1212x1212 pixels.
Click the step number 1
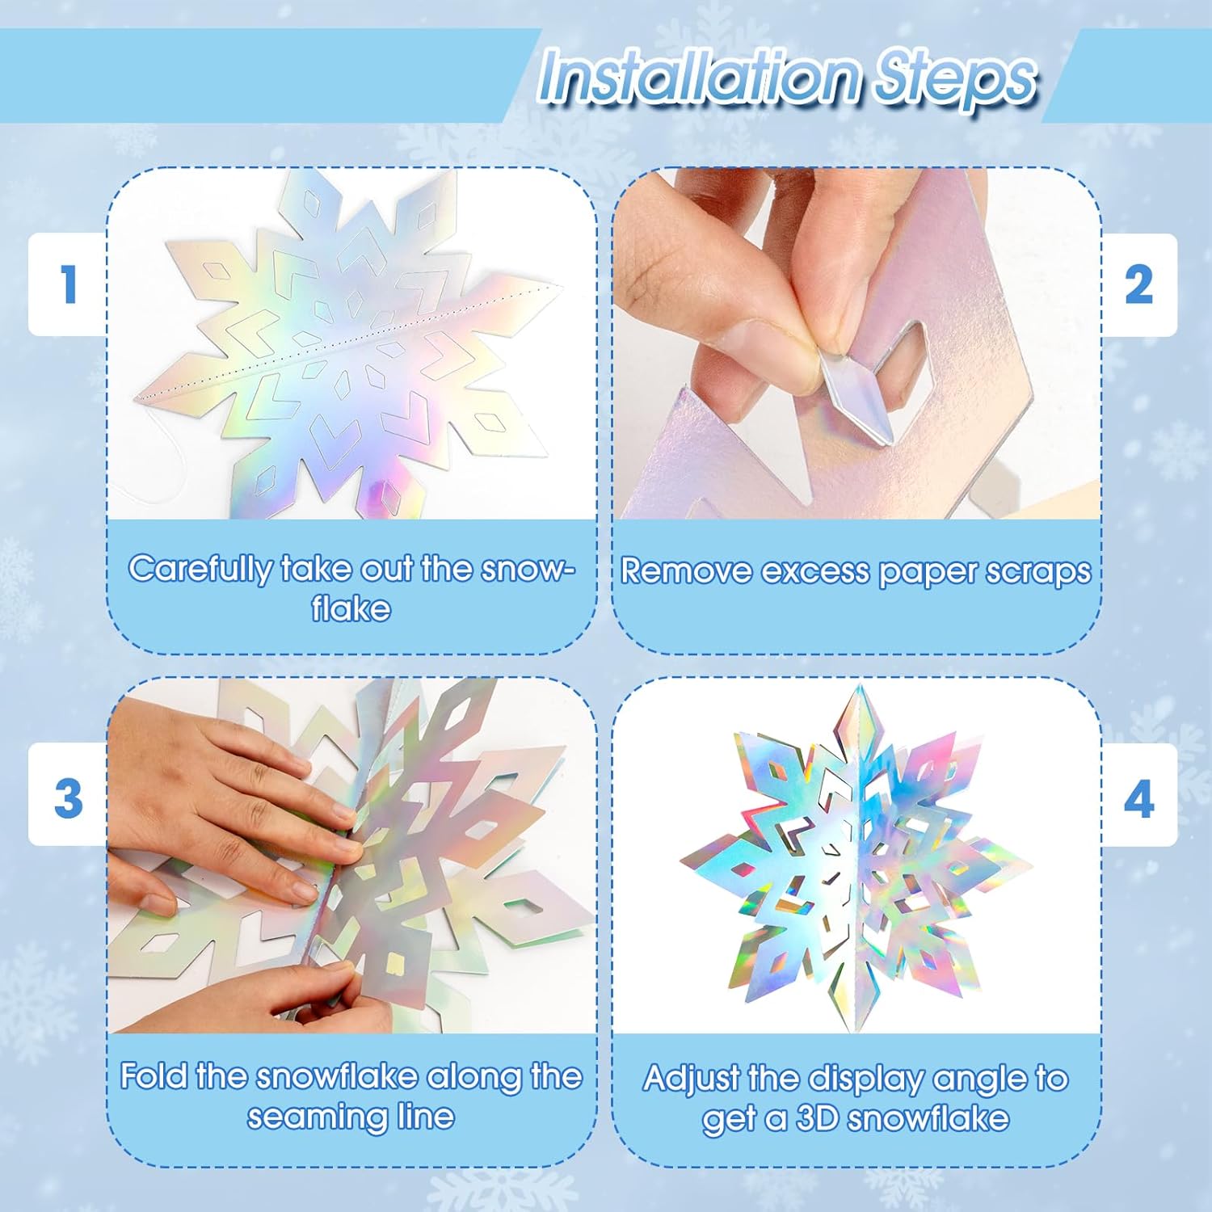pos(69,284)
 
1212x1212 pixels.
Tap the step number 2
pos(1138,284)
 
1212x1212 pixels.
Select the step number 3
pos(68,797)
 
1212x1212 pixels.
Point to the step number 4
pos(1138,799)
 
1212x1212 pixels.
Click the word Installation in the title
pos(699,77)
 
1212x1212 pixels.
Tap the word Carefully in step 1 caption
pos(200,570)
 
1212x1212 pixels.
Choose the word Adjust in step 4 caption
pos(691,1079)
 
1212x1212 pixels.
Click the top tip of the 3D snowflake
pos(857,686)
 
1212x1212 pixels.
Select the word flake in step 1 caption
pos(351,608)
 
